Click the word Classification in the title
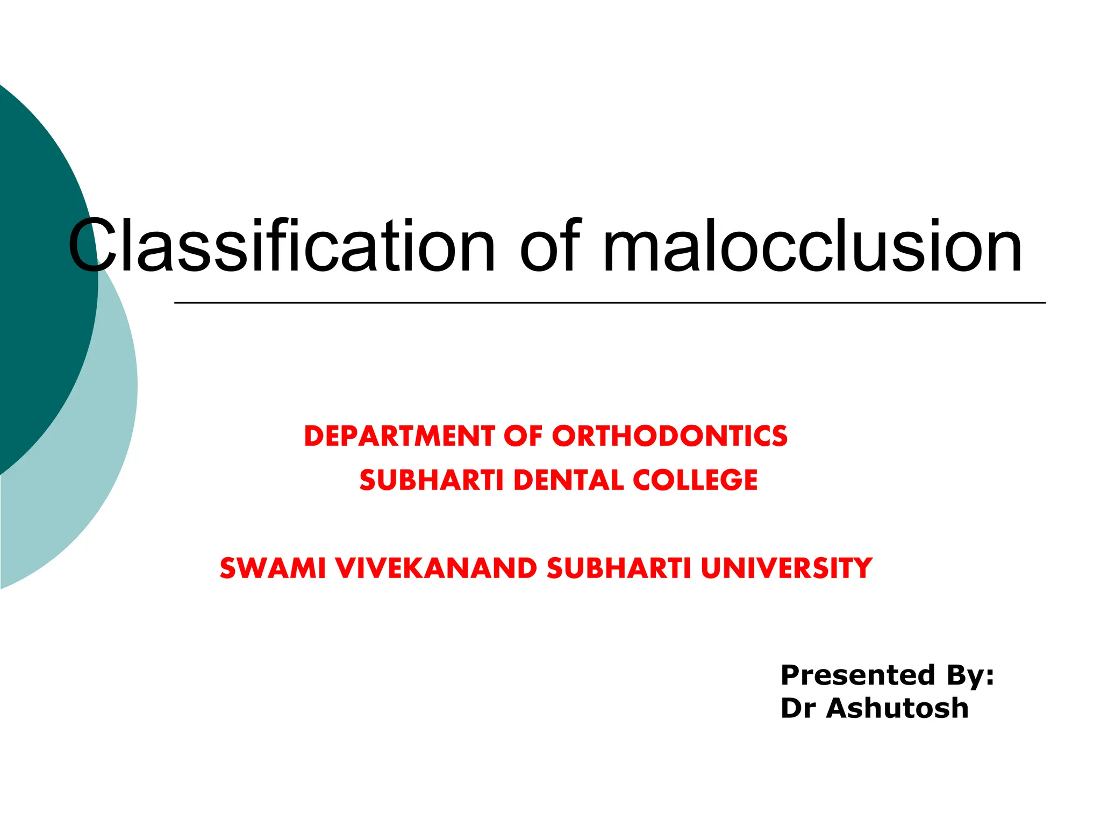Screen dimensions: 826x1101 281,246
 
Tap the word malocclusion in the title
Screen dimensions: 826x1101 812,246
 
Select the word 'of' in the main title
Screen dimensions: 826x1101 550,246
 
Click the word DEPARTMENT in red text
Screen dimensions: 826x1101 399,436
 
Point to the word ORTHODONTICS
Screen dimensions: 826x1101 669,436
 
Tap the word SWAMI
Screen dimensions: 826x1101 273,568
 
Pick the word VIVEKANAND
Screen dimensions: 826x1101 435,568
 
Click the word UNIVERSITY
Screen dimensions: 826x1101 787,568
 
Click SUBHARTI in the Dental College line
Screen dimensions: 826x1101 431,480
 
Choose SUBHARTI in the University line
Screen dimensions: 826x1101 619,568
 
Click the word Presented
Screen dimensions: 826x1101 858,675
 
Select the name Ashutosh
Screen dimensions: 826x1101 897,708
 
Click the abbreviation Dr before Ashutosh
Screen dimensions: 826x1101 798,708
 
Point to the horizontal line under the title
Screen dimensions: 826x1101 610,303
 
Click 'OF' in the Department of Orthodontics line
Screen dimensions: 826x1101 523,436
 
